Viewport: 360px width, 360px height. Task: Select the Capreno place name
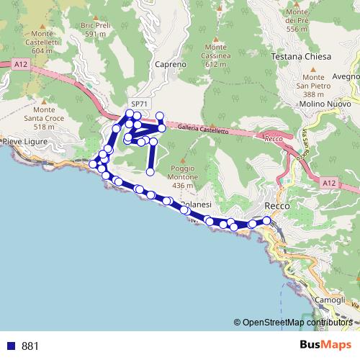(171, 63)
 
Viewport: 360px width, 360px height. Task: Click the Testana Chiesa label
(301, 56)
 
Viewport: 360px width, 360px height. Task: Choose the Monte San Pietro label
(313, 86)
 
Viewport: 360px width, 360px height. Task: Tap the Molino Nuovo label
(317, 104)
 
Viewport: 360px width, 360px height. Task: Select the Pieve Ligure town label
(26, 141)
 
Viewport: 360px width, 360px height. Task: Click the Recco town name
(277, 206)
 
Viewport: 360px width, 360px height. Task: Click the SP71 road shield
(139, 104)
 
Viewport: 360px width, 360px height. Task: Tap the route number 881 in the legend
(30, 346)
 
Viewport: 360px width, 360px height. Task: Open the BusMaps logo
(325, 345)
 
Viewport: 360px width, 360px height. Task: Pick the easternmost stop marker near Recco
(267, 220)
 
